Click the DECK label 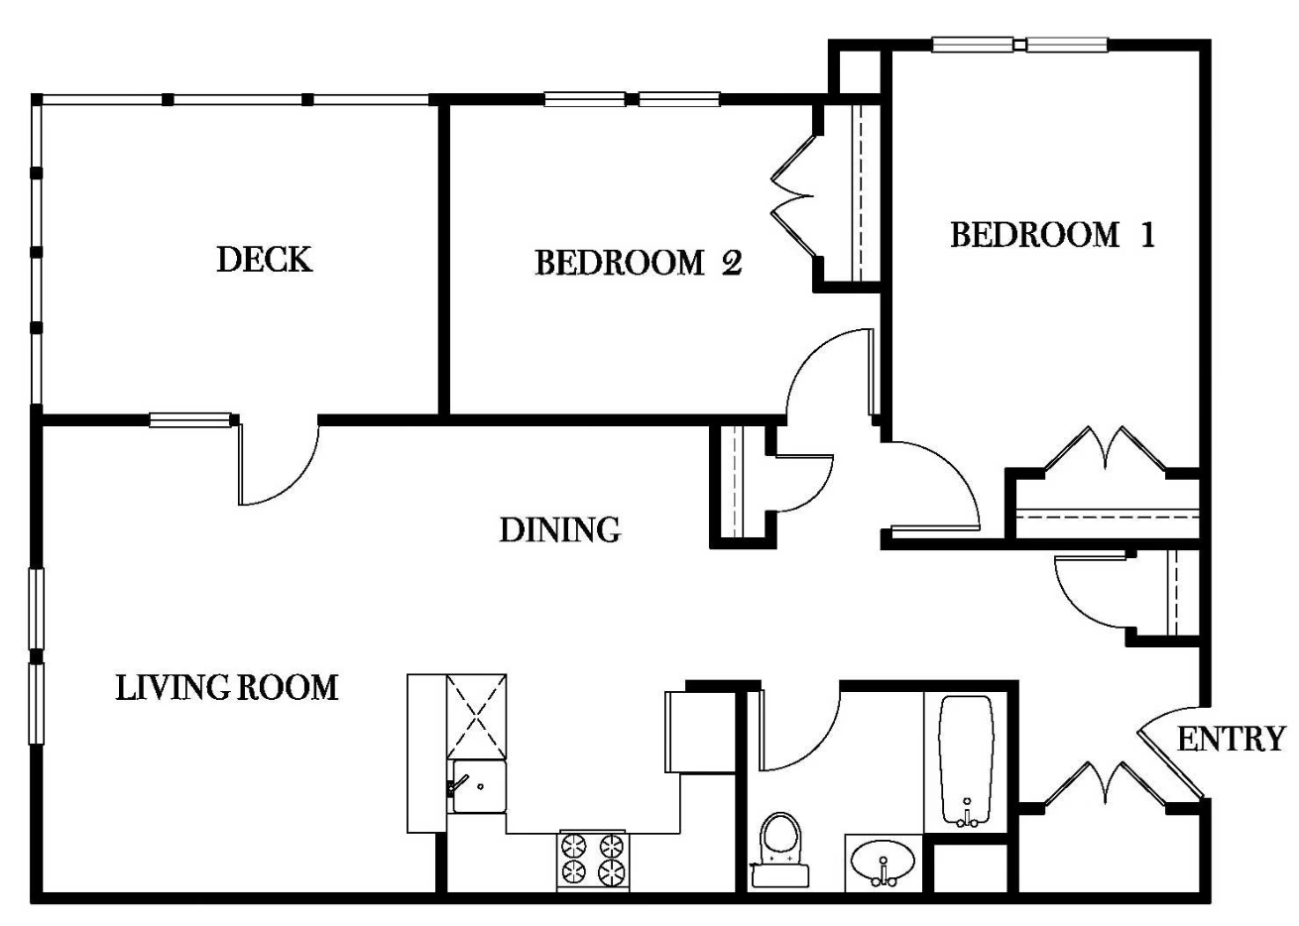(x=264, y=260)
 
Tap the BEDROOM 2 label (x=638, y=263)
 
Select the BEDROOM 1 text (x=1052, y=235)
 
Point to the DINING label (x=559, y=530)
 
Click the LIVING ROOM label (x=227, y=687)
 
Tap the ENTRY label (x=1231, y=739)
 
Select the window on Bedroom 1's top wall (x=1020, y=45)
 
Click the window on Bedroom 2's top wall (x=632, y=99)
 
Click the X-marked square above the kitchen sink (x=477, y=717)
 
